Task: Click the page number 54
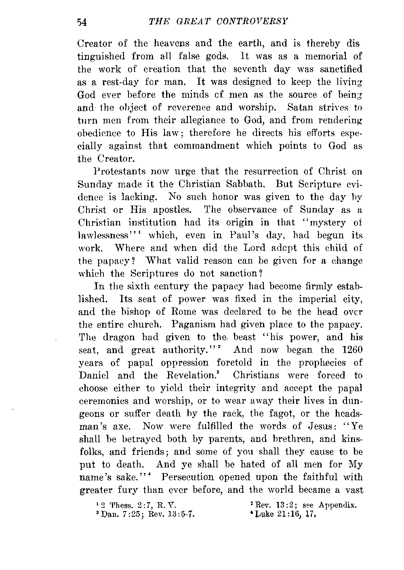tap(82, 22)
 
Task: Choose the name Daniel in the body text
tap(93, 375)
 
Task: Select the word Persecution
tap(188, 477)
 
